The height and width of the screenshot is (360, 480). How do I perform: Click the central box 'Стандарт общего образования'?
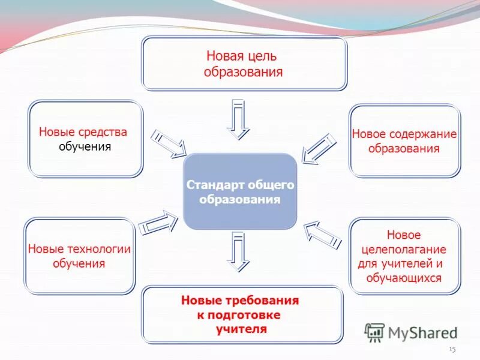[239, 191]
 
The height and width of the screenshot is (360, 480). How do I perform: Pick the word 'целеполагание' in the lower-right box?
[403, 249]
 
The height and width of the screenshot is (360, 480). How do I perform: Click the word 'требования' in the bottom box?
[264, 300]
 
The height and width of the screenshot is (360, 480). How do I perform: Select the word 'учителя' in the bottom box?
[241, 329]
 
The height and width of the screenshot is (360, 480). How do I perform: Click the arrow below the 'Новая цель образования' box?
[238, 118]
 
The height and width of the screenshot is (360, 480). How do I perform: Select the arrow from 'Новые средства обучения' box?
[168, 143]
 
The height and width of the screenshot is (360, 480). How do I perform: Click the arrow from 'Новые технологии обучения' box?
[158, 223]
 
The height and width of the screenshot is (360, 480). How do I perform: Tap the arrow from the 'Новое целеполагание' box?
[322, 234]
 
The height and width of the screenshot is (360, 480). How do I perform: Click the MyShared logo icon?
[375, 332]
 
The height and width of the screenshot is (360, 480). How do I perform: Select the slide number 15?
[452, 349]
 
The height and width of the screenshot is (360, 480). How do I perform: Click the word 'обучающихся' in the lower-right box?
[404, 278]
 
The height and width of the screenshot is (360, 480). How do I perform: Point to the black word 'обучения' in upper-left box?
[85, 147]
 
